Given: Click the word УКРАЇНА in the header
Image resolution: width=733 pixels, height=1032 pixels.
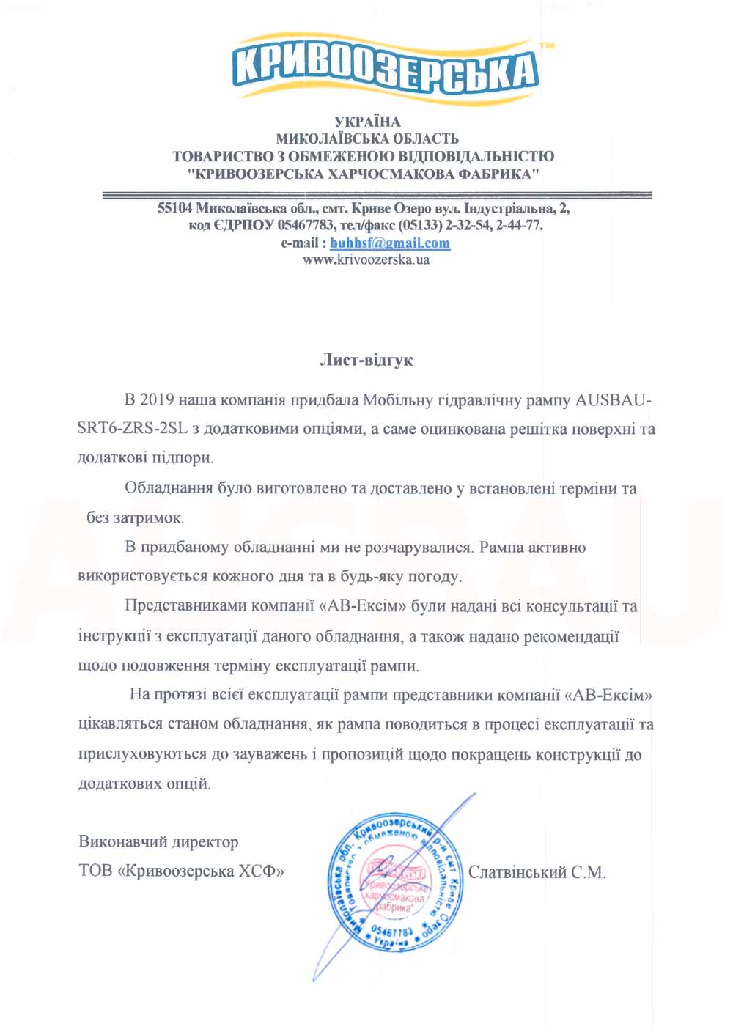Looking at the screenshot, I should point(367,122).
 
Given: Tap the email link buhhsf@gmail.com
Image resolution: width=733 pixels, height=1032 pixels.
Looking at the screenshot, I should point(390,243).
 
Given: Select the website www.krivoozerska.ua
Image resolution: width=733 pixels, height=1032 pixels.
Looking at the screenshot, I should point(366,260).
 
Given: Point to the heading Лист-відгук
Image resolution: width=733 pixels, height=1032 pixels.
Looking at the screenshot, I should point(366,360).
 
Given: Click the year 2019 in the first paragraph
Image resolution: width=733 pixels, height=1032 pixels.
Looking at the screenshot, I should point(157,400).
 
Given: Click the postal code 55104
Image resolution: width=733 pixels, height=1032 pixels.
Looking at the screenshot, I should point(174,209).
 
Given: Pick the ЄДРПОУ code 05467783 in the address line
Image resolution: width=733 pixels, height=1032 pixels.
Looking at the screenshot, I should point(306,226).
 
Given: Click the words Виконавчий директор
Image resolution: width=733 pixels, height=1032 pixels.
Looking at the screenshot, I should point(158,842).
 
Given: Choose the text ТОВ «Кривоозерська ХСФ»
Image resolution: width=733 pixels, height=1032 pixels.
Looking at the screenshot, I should point(181,871).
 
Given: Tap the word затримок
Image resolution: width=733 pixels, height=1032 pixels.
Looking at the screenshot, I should point(149,518).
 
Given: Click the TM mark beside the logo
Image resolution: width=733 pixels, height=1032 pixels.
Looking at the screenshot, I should point(546,45).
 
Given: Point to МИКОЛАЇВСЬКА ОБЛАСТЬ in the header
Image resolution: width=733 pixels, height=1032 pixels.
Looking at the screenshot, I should point(367,139).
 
